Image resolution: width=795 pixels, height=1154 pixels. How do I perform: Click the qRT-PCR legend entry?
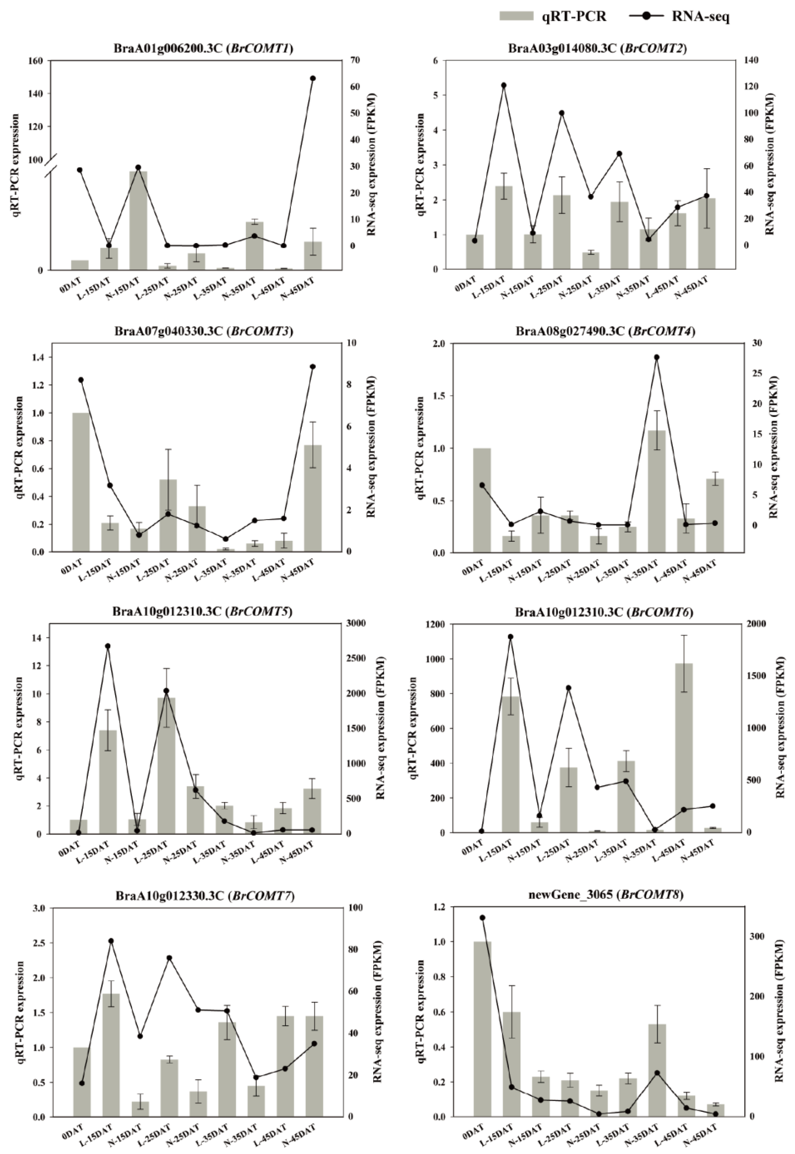553,16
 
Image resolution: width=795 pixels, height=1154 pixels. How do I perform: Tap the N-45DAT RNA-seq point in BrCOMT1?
313,78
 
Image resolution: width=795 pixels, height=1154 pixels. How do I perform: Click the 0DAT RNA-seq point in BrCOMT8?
482,917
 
